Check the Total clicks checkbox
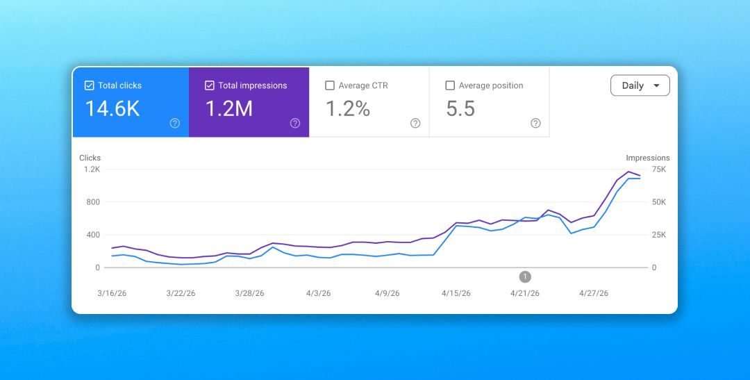89,85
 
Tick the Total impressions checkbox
210,85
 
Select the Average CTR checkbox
330,85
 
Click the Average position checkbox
450,85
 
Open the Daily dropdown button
640,85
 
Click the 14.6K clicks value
112,108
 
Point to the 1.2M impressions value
229,108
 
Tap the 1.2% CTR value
348,108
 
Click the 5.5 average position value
460,108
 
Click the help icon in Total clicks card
175,124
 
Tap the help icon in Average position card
535,124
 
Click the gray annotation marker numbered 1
525,276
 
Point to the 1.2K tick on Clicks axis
92,170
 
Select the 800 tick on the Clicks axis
93,202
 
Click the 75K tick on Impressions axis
659,170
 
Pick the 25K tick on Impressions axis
659,235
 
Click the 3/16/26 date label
112,293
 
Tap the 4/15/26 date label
456,293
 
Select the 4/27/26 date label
594,293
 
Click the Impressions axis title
648,158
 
